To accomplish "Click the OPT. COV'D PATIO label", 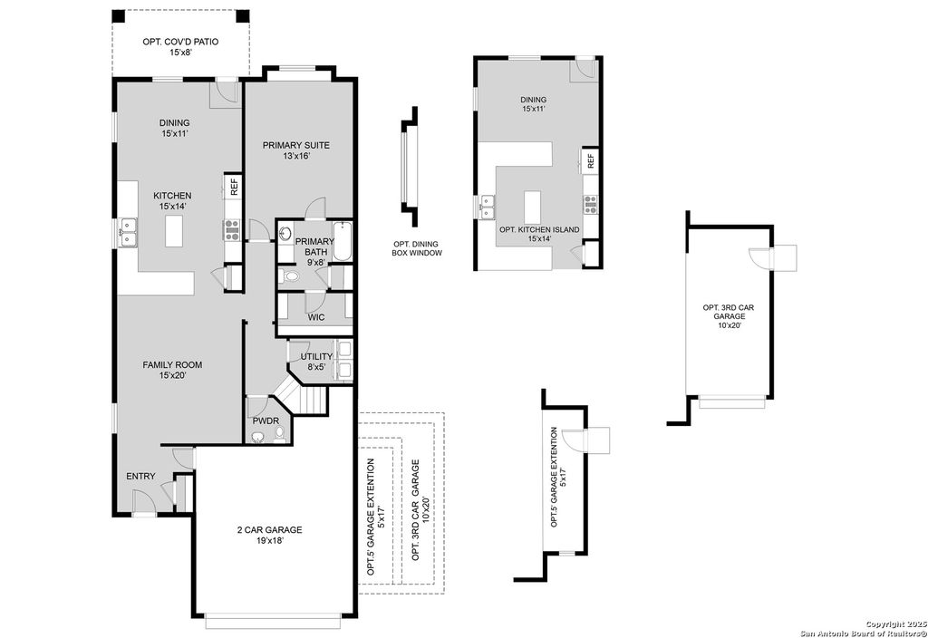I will (180, 47).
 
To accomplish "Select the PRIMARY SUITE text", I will (295, 150).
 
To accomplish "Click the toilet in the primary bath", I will (289, 275).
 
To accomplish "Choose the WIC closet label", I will (315, 317).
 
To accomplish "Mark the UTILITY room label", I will (316, 362).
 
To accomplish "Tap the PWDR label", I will (266, 420).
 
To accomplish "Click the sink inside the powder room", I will (260, 437).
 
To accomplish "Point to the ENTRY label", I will (140, 477).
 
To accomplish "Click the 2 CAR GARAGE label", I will (269, 536).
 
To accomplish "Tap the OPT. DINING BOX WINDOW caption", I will (417, 248).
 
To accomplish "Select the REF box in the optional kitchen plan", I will (590, 160).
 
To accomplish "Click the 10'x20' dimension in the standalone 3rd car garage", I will (728, 325).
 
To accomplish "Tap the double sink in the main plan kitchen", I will (127, 233).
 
